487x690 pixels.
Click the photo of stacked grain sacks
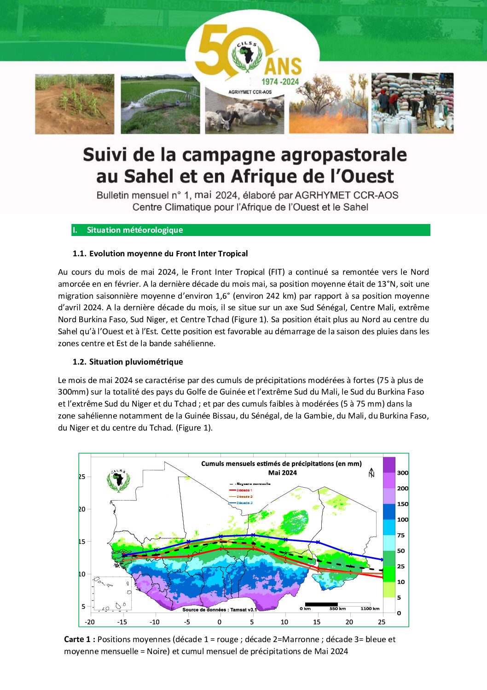click(412, 103)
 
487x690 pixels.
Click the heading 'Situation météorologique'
click(135, 230)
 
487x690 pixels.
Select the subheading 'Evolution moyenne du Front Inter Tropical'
click(168, 254)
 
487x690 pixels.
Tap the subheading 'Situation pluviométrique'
click(136, 362)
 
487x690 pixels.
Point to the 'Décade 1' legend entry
click(244, 490)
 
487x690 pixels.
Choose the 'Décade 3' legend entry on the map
click(244, 503)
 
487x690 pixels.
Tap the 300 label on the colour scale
click(402, 473)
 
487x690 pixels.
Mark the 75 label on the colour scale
click(400, 535)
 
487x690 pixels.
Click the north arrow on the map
click(371, 473)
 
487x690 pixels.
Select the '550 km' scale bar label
click(337, 609)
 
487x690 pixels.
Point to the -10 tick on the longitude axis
click(155, 622)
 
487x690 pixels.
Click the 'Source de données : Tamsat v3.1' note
click(220, 609)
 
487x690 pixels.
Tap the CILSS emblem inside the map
click(118, 480)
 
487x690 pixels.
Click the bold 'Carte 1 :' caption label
click(80, 639)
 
